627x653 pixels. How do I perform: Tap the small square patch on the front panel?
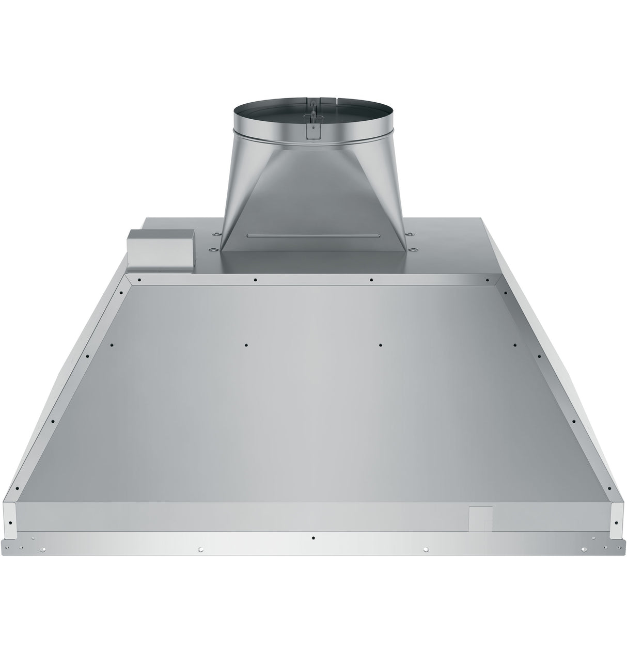coord(480,518)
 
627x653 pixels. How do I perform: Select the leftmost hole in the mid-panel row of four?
coord(113,345)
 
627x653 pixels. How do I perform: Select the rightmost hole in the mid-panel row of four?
coord(515,345)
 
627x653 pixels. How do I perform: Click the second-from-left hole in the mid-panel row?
coord(247,345)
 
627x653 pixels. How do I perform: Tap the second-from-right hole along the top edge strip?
coord(371,280)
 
